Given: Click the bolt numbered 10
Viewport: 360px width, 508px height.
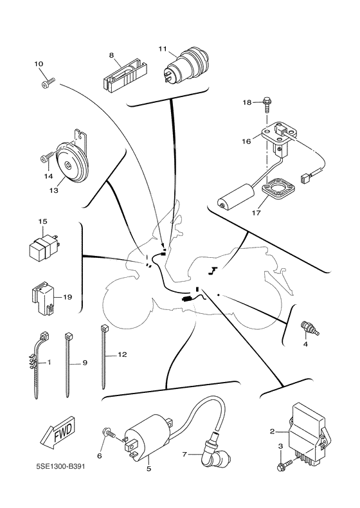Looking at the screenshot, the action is [48, 82].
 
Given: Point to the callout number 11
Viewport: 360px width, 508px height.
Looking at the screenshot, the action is [163, 49].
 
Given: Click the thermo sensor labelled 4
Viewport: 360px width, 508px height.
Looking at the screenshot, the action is [310, 328].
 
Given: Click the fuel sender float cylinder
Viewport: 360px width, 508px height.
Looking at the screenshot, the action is [236, 196].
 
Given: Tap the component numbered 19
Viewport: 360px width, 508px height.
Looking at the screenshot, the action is [42, 298].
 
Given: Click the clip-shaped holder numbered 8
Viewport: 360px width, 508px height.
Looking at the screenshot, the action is [125, 75].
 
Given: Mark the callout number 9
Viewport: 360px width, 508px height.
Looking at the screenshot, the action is [85, 363].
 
